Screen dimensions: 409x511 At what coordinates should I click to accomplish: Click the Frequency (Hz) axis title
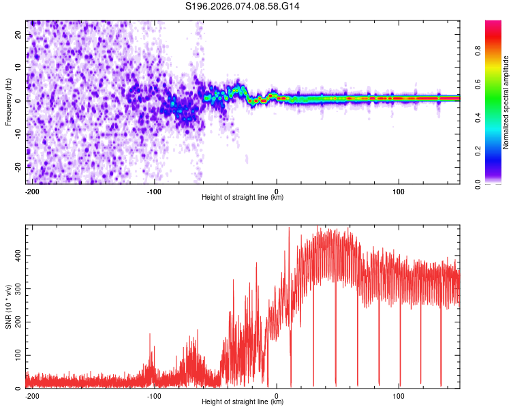(x=9, y=102)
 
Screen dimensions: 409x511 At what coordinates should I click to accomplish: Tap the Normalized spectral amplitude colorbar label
(x=506, y=102)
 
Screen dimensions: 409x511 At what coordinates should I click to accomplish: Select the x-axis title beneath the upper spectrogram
(x=243, y=198)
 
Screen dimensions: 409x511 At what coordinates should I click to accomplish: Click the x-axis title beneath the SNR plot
(x=243, y=402)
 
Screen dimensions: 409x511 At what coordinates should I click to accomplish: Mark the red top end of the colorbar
(x=493, y=23)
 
